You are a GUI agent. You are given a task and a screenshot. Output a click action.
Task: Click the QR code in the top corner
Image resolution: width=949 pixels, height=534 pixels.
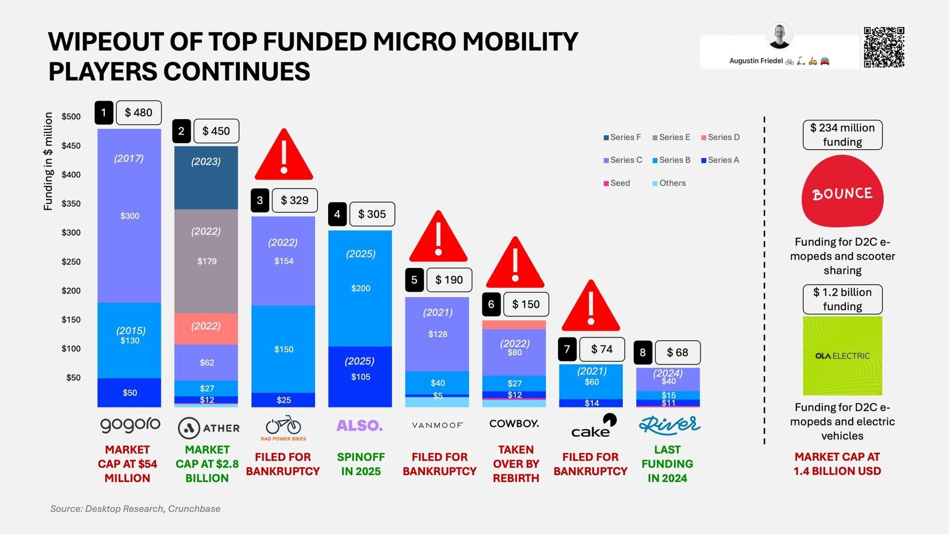tap(884, 47)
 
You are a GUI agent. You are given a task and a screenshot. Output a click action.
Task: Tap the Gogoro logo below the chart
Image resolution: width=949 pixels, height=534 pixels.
tap(130, 425)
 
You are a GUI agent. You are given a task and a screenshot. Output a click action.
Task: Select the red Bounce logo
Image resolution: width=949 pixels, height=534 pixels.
tap(842, 191)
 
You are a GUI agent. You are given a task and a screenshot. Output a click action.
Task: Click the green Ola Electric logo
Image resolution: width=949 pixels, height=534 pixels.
tap(842, 356)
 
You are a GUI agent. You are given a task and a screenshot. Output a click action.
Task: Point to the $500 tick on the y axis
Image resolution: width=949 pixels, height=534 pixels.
tap(71, 117)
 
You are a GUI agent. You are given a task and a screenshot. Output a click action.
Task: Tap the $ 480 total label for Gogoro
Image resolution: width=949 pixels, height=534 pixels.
tap(138, 113)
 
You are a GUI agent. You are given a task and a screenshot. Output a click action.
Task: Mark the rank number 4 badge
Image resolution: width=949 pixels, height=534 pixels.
tap(337, 214)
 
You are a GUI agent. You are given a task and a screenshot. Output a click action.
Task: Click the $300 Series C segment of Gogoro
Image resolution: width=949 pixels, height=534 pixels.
tap(129, 216)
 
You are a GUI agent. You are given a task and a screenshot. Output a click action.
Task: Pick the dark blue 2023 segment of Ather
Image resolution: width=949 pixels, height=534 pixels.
tap(206, 178)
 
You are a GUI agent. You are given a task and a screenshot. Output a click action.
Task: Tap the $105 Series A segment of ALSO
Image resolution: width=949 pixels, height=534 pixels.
tap(360, 377)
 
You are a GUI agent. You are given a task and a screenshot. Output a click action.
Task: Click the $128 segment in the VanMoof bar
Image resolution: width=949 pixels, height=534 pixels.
tap(437, 334)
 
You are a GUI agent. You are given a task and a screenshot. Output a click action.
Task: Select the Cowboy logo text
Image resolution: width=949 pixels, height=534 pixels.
tap(514, 424)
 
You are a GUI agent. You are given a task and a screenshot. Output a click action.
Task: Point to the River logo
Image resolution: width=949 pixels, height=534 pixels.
tap(669, 425)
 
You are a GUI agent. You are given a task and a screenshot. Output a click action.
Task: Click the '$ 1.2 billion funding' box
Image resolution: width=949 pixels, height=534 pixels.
tap(842, 299)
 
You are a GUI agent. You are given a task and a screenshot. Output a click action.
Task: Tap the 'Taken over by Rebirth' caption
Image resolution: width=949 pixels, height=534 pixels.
tap(516, 464)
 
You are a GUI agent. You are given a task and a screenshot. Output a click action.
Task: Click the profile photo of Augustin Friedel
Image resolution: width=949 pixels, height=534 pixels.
tap(779, 36)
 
